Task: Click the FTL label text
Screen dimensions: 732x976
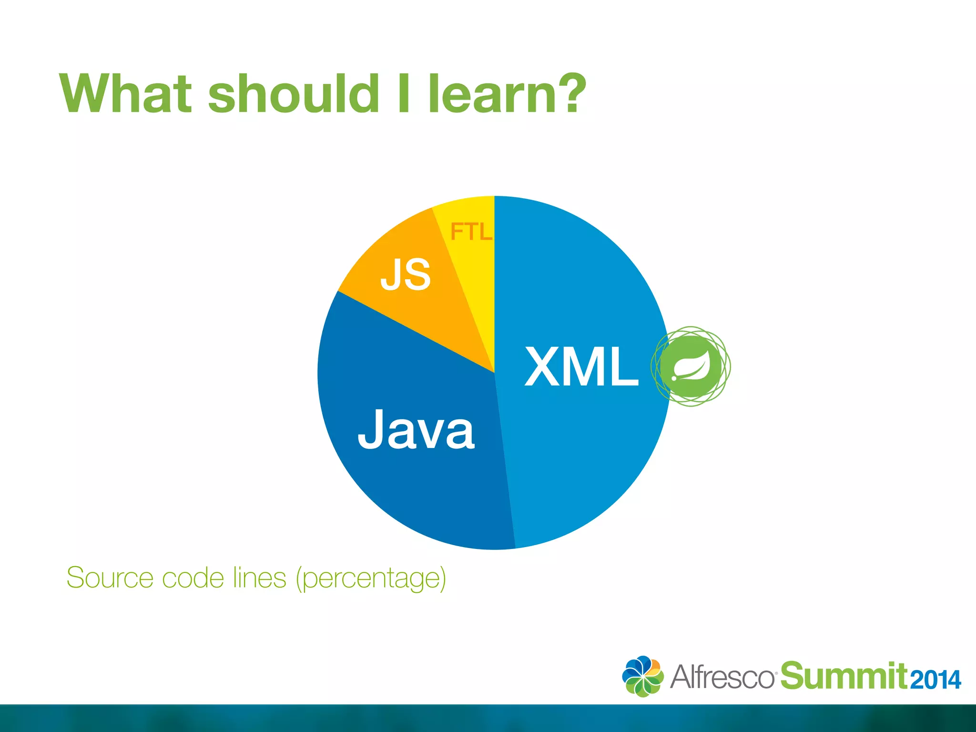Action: pyautogui.click(x=471, y=232)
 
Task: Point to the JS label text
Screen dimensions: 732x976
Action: pyautogui.click(x=406, y=274)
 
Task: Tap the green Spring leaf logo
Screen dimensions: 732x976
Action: pyautogui.click(x=691, y=366)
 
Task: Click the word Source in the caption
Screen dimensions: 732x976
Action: pyautogui.click(x=110, y=578)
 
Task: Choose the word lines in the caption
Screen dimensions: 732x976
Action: pyautogui.click(x=260, y=578)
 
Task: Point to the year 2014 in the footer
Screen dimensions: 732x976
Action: pyautogui.click(x=935, y=680)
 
